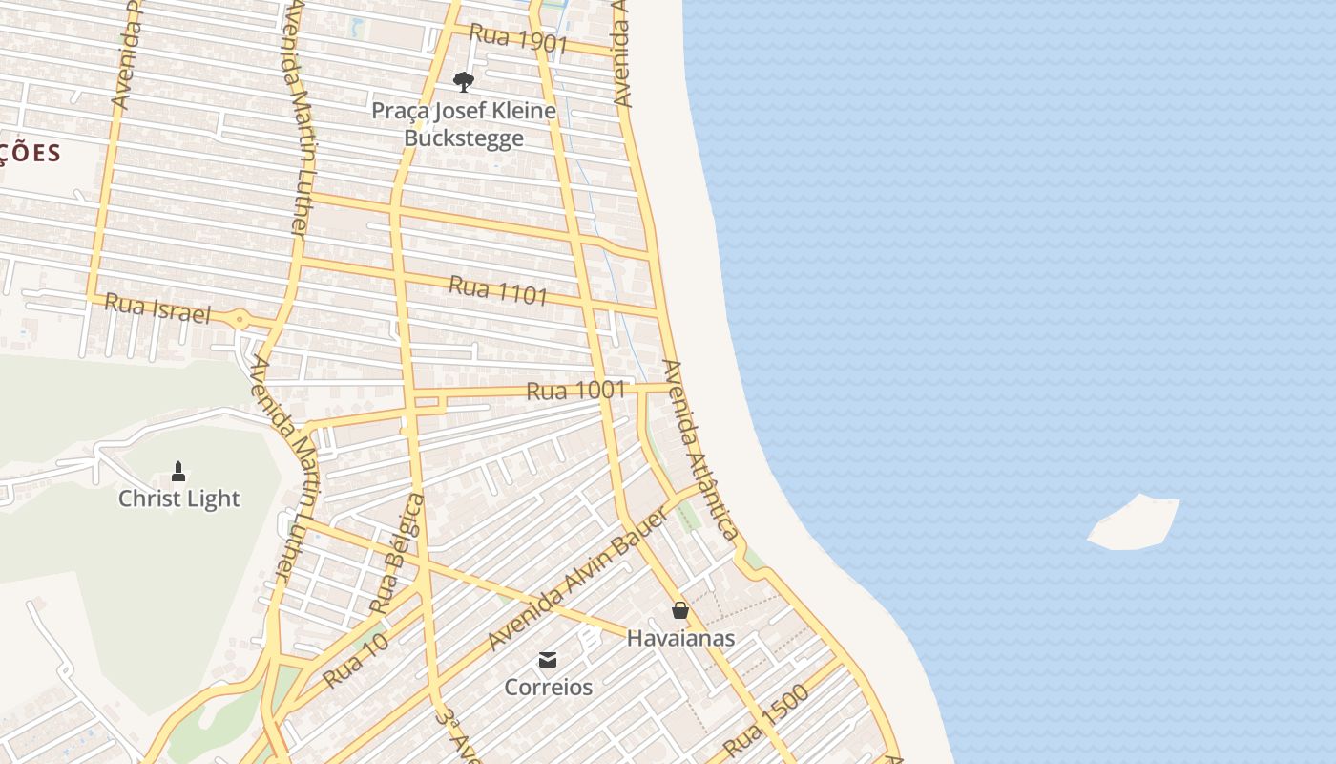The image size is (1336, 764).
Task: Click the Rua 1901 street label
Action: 518,39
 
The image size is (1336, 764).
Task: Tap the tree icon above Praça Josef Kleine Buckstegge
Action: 464,82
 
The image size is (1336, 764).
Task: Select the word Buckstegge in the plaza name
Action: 464,138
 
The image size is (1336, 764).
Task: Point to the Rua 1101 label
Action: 498,290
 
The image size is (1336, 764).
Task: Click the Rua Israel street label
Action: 157,308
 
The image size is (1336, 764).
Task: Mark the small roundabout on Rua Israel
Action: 240,319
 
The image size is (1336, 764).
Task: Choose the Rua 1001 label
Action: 575,390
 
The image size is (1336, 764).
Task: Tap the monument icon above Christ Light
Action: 178,471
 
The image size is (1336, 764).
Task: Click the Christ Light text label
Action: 179,499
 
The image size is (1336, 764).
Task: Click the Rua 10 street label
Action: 355,659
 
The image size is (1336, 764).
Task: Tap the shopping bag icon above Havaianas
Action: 680,609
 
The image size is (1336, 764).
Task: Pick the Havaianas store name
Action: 680,638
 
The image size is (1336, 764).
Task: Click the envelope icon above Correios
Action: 548,659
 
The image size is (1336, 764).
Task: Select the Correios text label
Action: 548,687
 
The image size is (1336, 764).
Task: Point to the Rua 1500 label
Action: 765,721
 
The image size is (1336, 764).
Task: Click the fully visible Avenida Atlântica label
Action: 700,450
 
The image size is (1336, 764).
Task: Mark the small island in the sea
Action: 1134,522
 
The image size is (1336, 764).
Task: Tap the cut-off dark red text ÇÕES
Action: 31,153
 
